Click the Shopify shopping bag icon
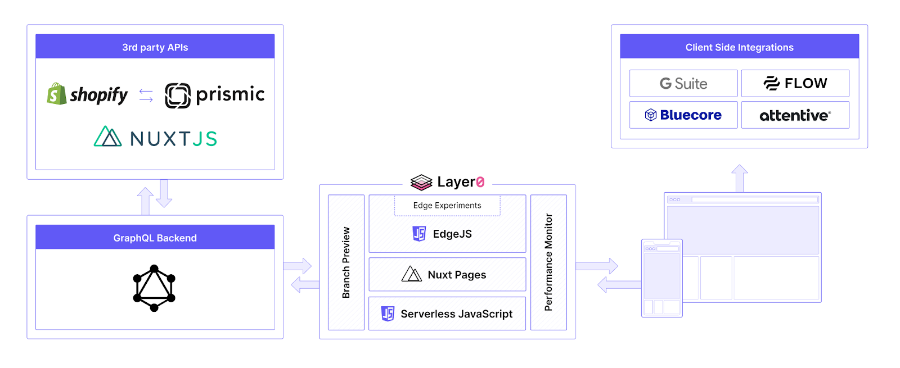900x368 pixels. click(57, 94)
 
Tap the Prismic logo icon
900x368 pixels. click(178, 96)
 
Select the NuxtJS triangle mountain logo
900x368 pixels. click(107, 137)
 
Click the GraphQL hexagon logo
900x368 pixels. click(154, 288)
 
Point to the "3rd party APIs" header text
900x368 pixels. click(155, 47)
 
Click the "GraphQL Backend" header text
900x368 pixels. click(155, 238)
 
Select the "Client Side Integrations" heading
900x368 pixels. click(739, 47)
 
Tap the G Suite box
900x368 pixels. click(683, 84)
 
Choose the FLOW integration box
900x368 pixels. click(795, 84)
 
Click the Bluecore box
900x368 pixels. click(683, 115)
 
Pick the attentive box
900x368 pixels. click(795, 115)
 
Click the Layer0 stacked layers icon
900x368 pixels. click(421, 182)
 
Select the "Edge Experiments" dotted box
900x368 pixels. click(447, 206)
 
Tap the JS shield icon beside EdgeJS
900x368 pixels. click(419, 234)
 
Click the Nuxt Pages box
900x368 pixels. click(447, 275)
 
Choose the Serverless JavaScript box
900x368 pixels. click(447, 314)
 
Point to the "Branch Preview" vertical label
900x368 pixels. click(346, 262)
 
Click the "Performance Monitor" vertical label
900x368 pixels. click(548, 262)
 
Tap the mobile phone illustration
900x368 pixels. click(661, 278)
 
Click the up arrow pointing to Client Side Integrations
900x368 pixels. click(740, 178)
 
